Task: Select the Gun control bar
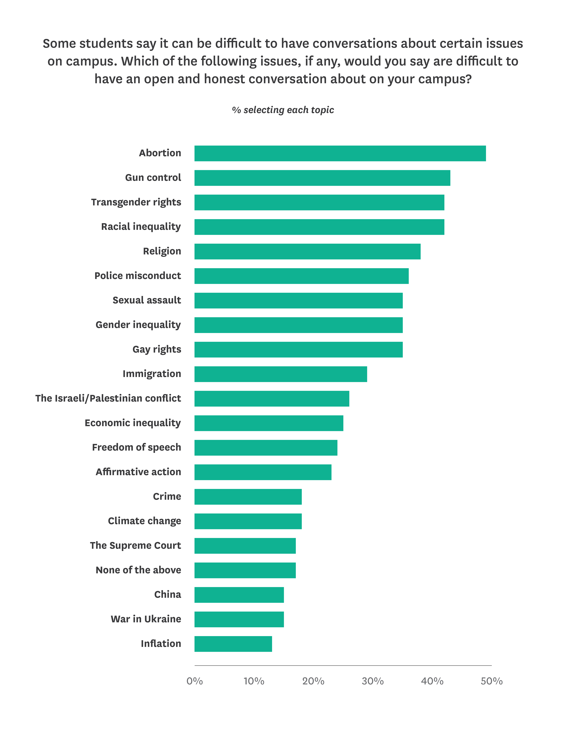coord(322,178)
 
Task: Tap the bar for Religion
coord(307,251)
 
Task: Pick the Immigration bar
coord(281,374)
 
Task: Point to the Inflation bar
coord(233,644)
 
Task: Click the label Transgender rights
coord(136,202)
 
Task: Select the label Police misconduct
coord(138,276)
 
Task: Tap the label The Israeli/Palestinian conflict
coord(108,398)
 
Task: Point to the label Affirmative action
coord(138,472)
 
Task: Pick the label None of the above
coord(138,570)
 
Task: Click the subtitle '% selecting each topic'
coord(283,110)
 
